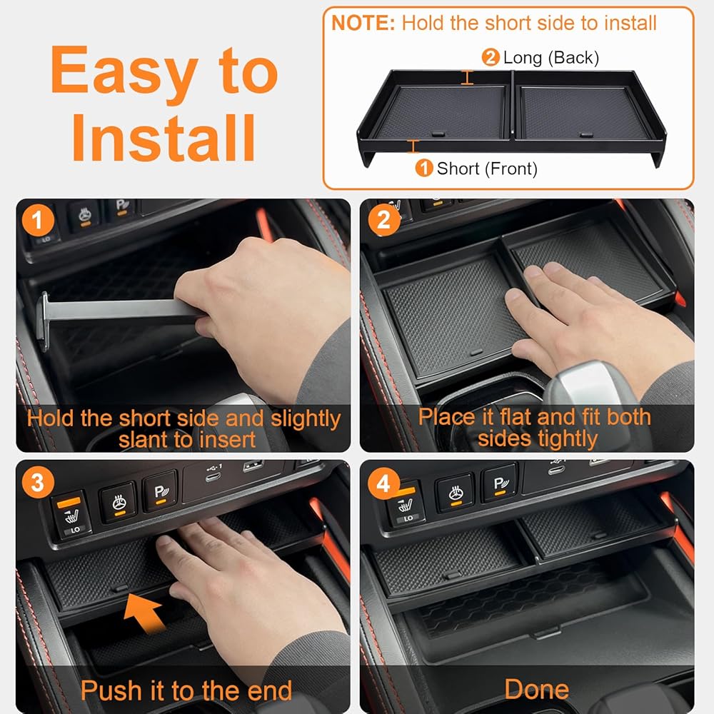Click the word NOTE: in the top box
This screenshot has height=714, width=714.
pos(363,23)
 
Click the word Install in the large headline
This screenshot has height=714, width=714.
pos(164,138)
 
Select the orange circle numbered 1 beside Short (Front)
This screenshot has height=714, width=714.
pos(424,168)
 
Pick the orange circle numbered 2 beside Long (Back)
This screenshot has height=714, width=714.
pos(491,57)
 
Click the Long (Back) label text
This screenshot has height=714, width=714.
pos(551,58)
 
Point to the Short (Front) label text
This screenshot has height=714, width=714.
pos(487,169)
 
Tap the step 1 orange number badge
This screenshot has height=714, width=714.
pos(38,221)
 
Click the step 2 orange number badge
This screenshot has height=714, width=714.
pos(384,220)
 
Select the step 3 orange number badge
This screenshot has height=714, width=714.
pos(38,482)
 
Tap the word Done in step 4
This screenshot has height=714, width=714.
pos(536,689)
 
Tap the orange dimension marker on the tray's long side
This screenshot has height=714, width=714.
pos(467,77)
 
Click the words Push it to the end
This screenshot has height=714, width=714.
pos(186,690)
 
